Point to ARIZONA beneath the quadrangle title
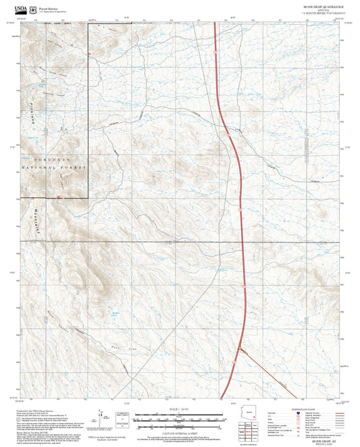click(321, 10)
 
